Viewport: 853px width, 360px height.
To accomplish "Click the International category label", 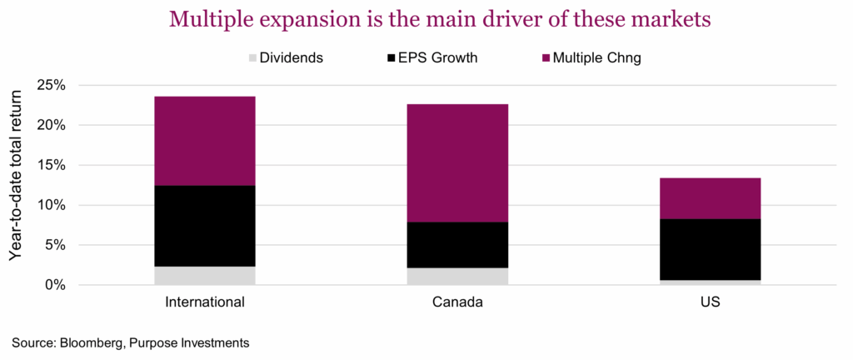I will pyautogui.click(x=206, y=302).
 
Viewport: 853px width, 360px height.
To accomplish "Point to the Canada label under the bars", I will pyautogui.click(x=458, y=302).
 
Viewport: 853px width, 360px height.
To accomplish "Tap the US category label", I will pyautogui.click(x=711, y=302).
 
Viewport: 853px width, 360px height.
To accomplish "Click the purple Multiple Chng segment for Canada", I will pyautogui.click(x=458, y=162).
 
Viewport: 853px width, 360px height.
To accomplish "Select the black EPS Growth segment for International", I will pyautogui.click(x=206, y=225).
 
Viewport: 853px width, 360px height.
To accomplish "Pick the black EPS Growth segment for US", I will pyautogui.click(x=711, y=249).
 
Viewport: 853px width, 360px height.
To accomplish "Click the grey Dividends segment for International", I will pyautogui.click(x=206, y=276).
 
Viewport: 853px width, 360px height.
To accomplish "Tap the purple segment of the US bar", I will pyautogui.click(x=711, y=198).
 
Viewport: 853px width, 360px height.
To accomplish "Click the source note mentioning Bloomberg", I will pyautogui.click(x=131, y=342).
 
